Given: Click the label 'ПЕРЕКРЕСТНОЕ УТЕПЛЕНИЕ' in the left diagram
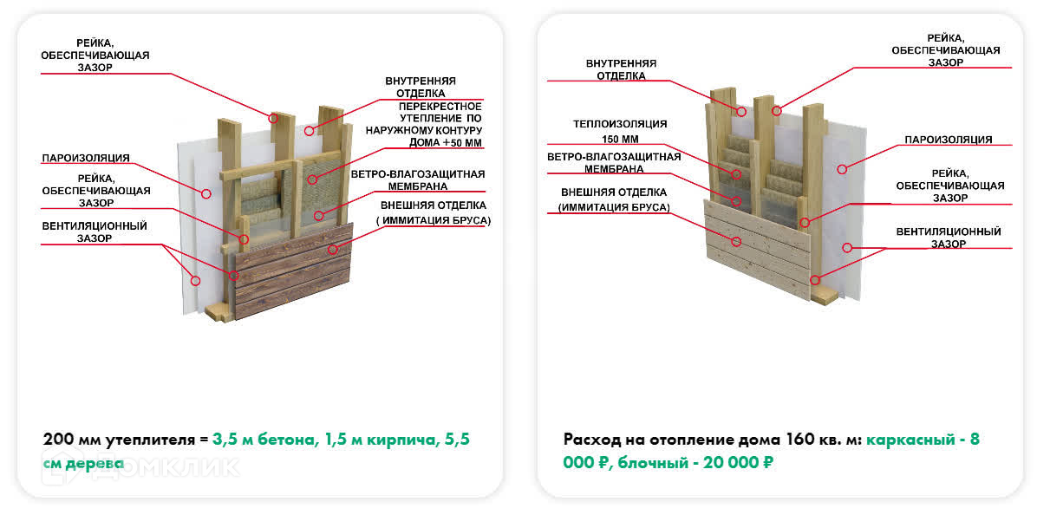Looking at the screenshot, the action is pos(438,110).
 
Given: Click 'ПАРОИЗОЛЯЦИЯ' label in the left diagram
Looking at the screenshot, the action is pos(86,158).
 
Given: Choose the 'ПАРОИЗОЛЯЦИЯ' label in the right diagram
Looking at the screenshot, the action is pos(948,139).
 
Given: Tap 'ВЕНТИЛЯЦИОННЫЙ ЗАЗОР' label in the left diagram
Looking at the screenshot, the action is pos(95,231).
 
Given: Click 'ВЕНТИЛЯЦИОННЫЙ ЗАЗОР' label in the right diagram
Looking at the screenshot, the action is pos(949,238).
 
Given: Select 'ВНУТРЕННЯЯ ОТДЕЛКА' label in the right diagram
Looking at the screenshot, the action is pos(621,69).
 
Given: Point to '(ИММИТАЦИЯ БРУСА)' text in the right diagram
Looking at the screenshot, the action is pos(614,207).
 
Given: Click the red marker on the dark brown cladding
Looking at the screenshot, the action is pos(332,249).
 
